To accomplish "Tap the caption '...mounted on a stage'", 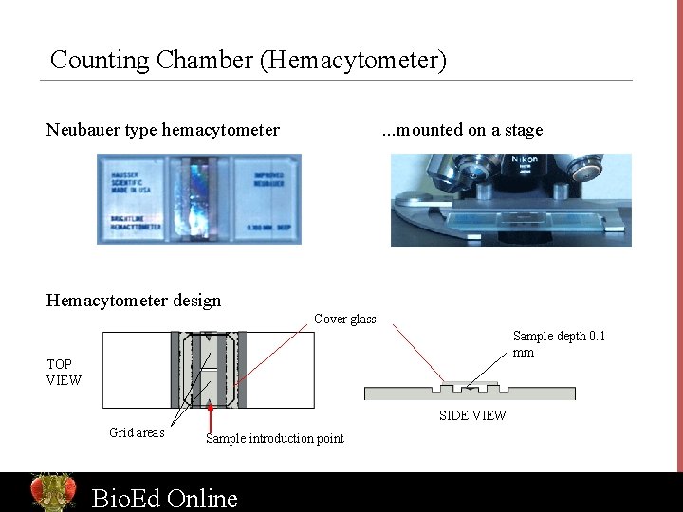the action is pos(462,130).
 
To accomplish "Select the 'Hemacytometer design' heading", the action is pos(134,301).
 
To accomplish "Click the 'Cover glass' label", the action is pos(345,320).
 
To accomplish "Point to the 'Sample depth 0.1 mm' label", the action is pos(559,343).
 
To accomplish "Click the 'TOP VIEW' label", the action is pos(64,372).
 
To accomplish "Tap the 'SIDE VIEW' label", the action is pos(472,415).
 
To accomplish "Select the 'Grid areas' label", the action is pos(137,433).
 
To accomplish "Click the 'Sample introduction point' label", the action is pos(275,438).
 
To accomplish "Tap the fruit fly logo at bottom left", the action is pos(53,492).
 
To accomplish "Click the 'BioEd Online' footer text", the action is pos(164,498).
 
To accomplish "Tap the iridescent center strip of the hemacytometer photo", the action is pos(198,199).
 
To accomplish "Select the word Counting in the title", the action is pos(100,61).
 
